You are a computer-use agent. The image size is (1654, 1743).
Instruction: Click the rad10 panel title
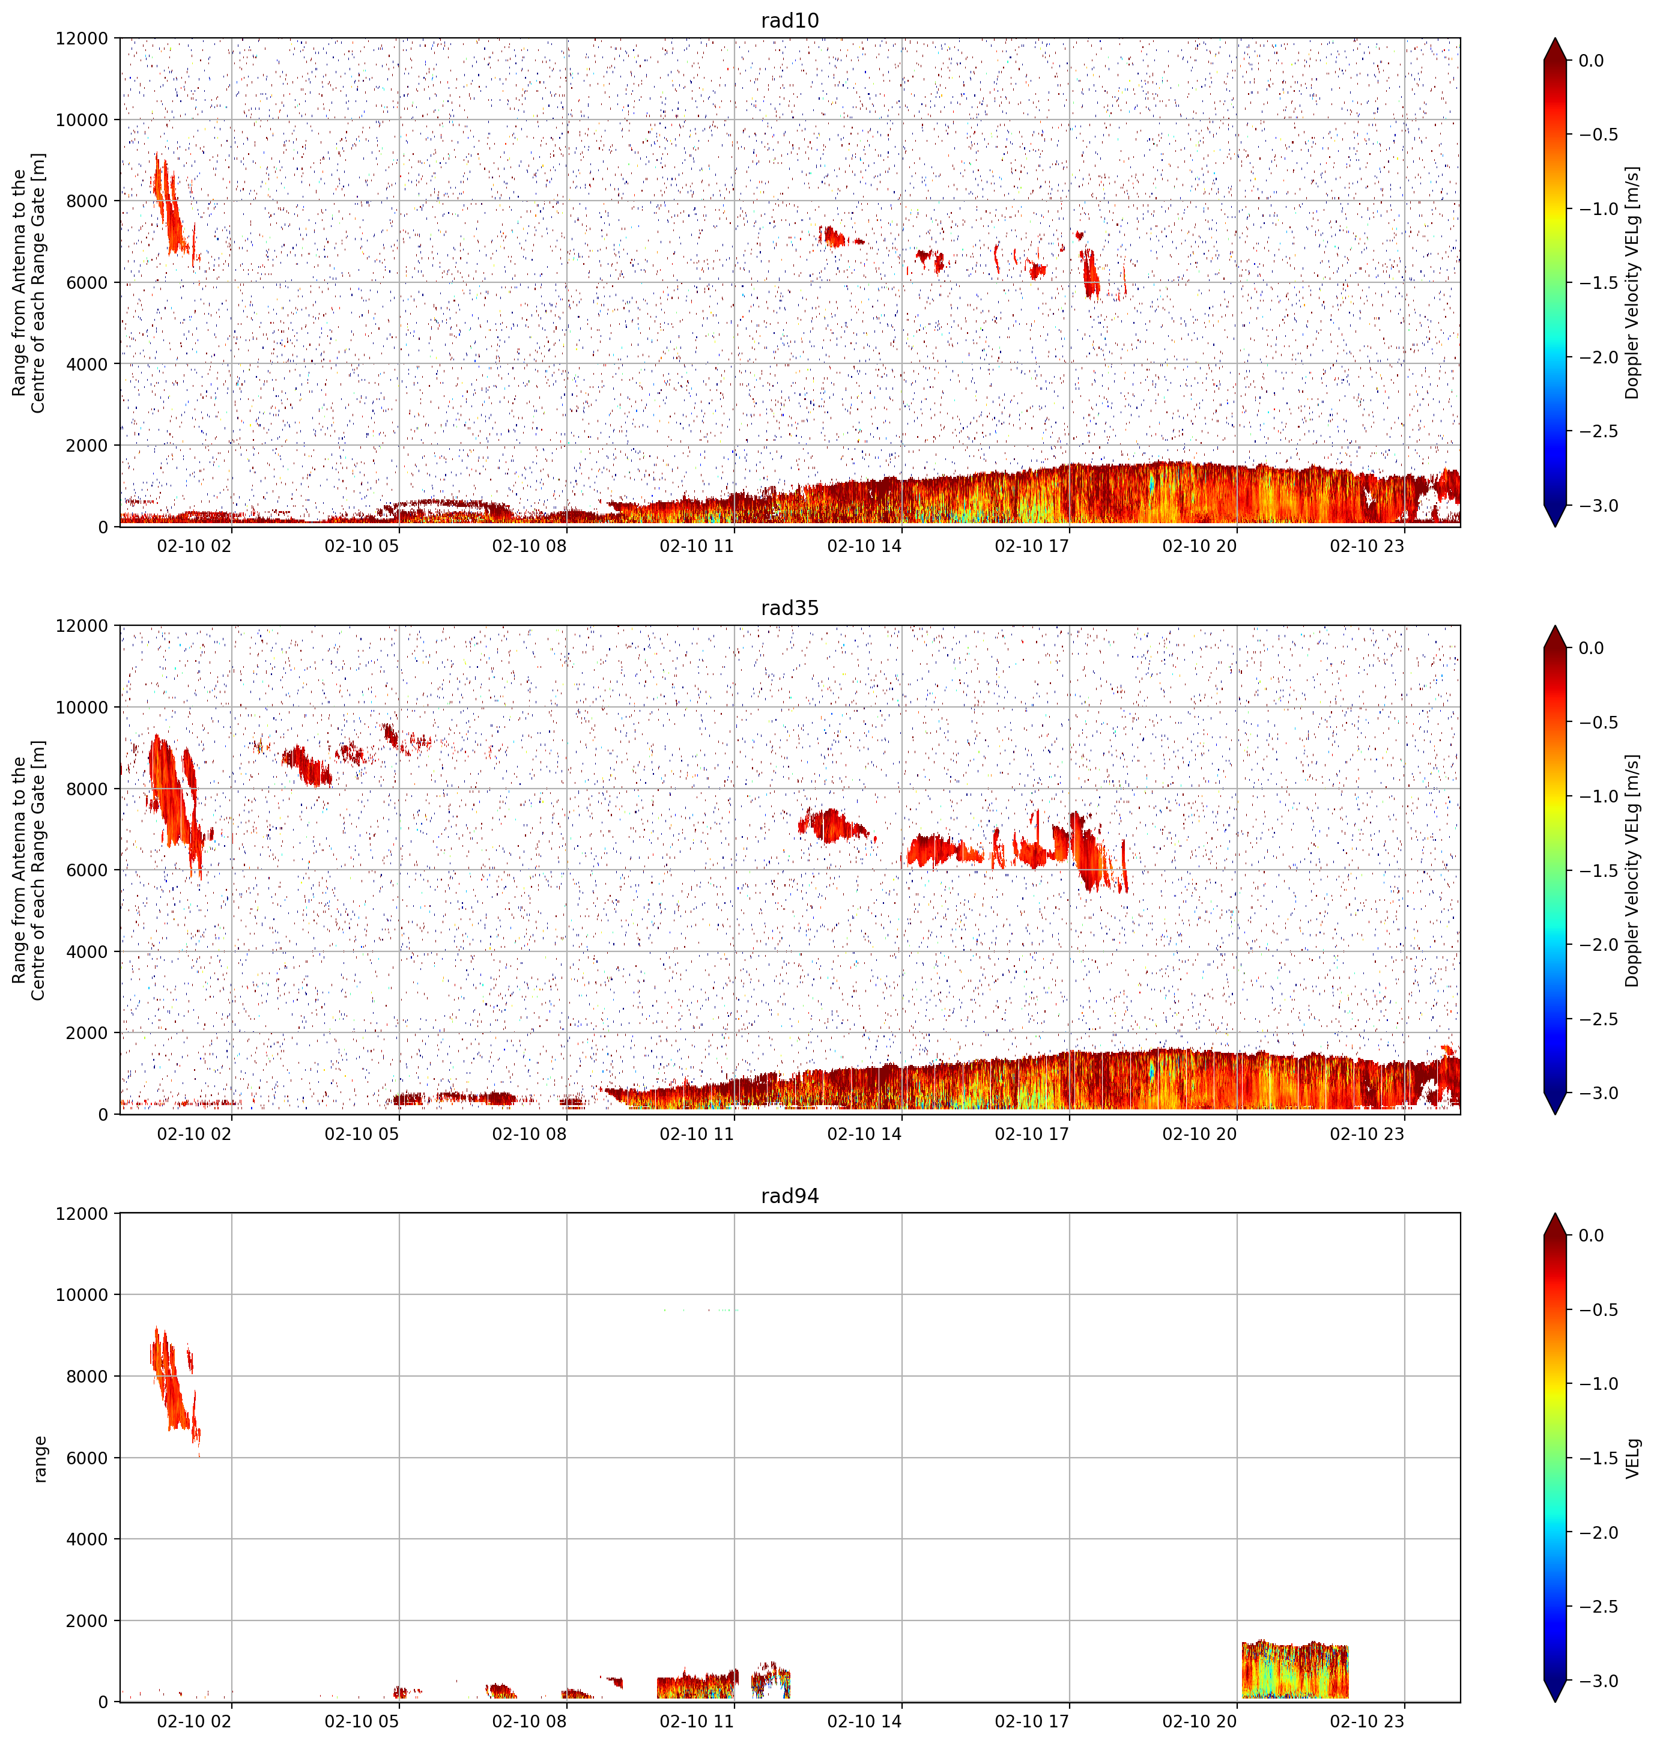click(x=789, y=20)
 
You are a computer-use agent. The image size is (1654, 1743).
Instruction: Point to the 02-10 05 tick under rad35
click(x=362, y=1133)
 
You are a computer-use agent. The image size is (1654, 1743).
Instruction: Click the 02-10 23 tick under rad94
click(x=1366, y=1721)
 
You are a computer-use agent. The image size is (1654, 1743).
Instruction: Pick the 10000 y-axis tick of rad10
click(x=82, y=120)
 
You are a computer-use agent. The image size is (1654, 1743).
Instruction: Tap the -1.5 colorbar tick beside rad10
click(x=1597, y=283)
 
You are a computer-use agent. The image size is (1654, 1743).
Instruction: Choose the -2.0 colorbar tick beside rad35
click(x=1597, y=944)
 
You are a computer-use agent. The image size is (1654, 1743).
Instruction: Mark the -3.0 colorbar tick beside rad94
click(x=1597, y=1681)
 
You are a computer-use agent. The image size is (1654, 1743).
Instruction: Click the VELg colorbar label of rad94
click(x=1633, y=1458)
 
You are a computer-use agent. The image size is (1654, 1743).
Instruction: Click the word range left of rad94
click(x=40, y=1458)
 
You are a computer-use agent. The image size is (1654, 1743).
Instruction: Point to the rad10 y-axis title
click(x=28, y=282)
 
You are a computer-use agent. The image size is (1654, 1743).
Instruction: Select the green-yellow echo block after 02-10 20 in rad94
click(x=1294, y=1669)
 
